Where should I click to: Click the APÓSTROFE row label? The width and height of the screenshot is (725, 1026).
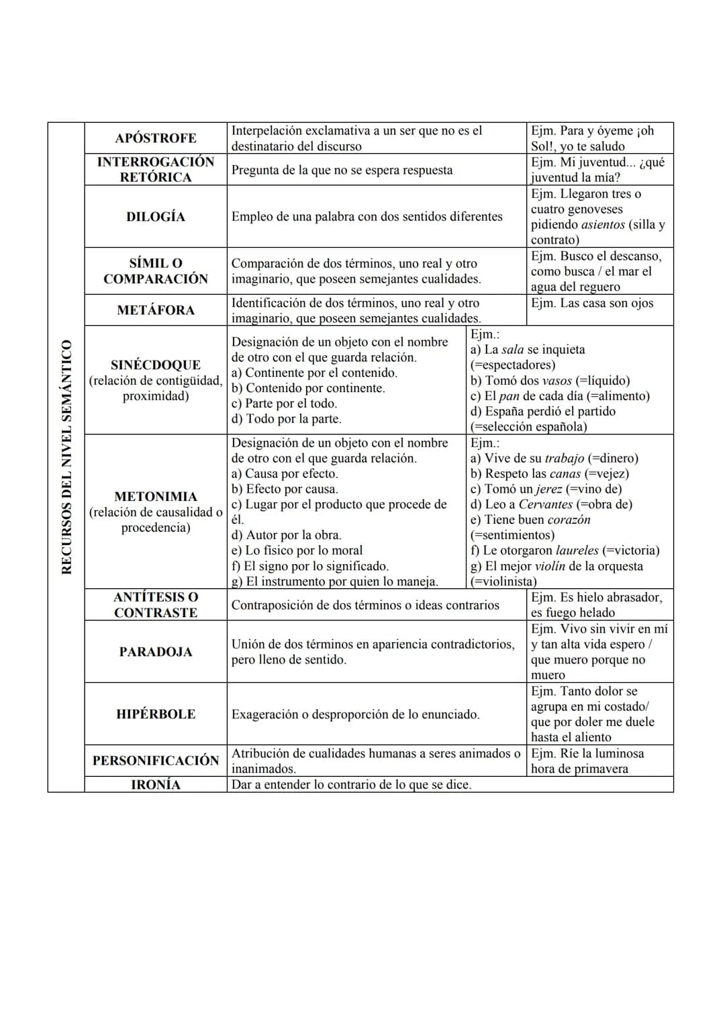point(156,138)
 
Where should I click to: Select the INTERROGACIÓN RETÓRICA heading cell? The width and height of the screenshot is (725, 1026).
point(156,169)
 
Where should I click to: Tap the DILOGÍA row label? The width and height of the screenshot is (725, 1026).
point(156,216)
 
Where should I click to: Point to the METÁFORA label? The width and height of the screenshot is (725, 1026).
point(156,310)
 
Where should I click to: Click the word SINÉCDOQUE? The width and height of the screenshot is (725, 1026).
point(156,365)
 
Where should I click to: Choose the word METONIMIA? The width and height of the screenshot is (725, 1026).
point(156,496)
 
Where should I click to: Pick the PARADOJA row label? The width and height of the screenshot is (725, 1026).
point(156,651)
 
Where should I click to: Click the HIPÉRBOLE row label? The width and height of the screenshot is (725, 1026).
point(156,714)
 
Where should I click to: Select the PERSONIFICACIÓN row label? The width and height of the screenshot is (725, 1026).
point(156,760)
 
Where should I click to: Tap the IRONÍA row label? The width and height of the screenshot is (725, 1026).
point(156,784)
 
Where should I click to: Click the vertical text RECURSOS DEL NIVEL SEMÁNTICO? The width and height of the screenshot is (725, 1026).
point(66,457)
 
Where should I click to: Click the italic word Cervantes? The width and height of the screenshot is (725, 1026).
point(546,504)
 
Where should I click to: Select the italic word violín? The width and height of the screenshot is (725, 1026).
point(550,566)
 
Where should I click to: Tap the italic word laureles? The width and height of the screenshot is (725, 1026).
point(577,551)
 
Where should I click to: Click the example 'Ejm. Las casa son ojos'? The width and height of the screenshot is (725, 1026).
point(591,303)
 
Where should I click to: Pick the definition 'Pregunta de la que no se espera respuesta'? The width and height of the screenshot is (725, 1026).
point(342,170)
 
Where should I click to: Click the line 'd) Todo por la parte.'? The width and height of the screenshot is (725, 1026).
point(286,419)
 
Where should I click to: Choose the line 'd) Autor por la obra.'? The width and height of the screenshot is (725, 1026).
point(286,535)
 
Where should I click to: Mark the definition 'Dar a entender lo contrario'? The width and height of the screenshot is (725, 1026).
point(351,784)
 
